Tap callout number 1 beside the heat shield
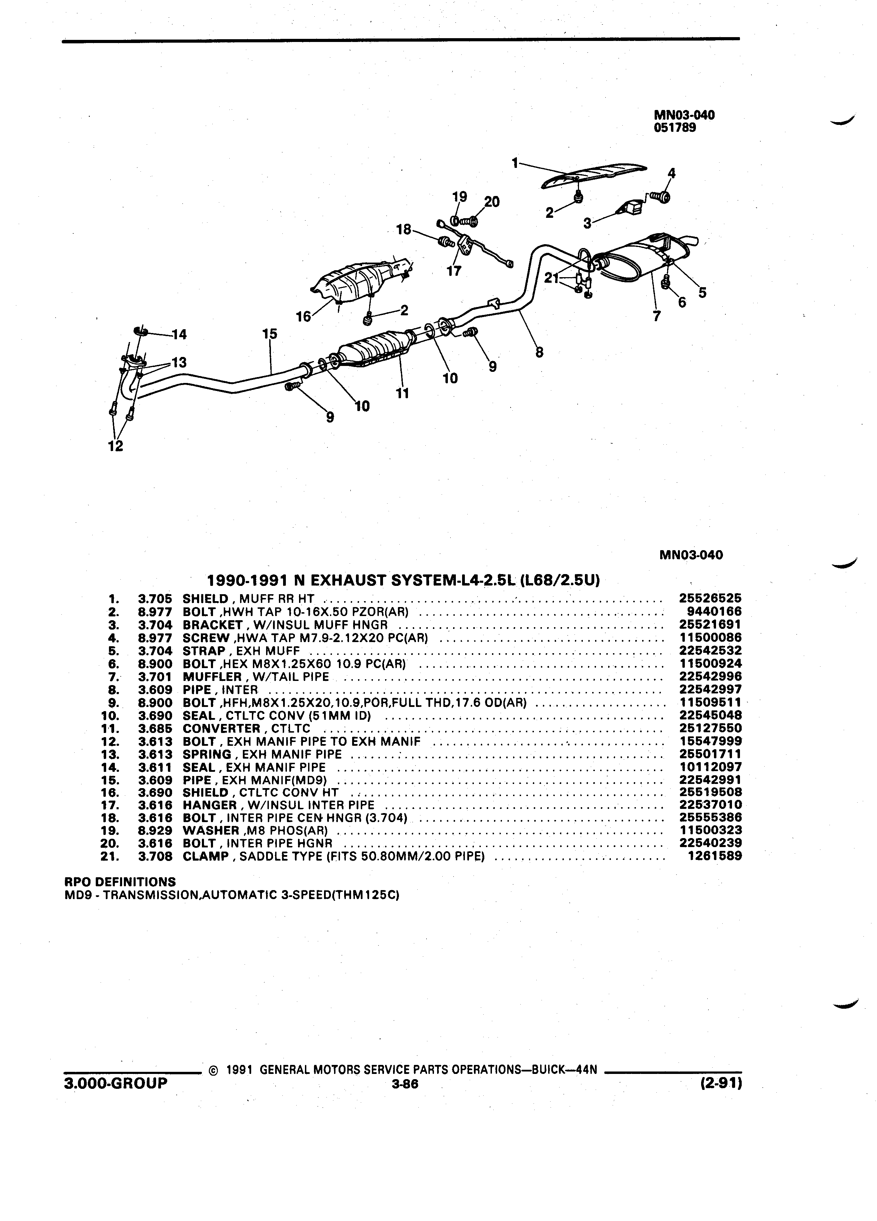coord(515,162)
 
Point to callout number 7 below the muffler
coord(656,317)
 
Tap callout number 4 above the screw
coord(671,173)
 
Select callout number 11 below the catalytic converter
coord(402,394)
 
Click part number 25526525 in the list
coord(710,598)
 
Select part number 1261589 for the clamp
coord(715,856)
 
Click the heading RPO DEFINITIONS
coord(120,882)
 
